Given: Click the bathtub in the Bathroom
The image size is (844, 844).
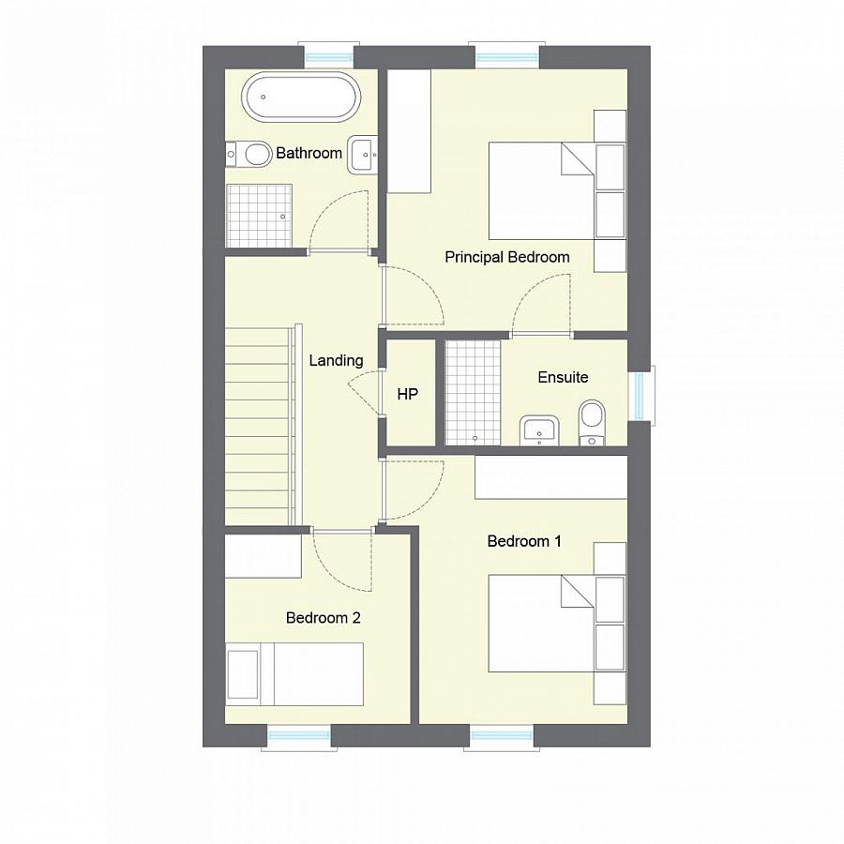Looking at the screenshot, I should pos(299,98).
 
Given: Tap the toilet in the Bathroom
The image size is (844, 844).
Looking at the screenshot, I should pos(247,153).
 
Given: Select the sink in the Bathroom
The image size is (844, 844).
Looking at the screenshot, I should pos(363,155).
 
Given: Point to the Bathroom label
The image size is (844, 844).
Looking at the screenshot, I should pos(309,153).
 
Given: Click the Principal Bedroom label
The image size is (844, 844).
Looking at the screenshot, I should pos(506,257).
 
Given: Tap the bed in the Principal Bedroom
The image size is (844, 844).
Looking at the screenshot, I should pos(542,190).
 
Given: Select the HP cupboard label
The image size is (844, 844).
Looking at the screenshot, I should pos(407,395).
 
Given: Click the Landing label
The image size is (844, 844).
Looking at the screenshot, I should pos(336,360).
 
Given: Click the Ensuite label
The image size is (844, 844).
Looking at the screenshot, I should pos(563,377).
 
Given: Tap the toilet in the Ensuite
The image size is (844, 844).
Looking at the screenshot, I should pos(593,422).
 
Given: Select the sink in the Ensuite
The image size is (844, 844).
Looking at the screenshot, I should pos(538,430).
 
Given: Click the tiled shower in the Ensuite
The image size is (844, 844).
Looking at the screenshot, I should pos(473,392).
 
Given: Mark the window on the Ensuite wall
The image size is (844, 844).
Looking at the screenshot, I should pos(641,395).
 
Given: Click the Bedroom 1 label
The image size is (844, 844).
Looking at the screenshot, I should pos(524,541).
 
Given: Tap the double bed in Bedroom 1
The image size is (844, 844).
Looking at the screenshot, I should pos(542,624).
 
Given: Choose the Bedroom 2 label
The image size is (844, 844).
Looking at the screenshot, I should pos(323,618).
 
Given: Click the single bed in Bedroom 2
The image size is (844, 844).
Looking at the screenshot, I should pos(294,673).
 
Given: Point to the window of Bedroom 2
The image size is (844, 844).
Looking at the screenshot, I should pos(297,735).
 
